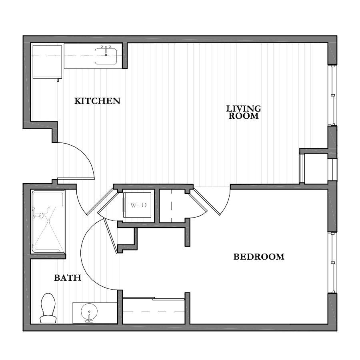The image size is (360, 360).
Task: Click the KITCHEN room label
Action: (x=97, y=101)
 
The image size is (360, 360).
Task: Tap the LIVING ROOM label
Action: (x=244, y=112)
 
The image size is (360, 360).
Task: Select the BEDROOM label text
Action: (x=259, y=257)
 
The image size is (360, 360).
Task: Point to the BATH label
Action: (x=68, y=278)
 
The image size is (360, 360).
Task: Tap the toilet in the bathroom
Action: (x=48, y=308)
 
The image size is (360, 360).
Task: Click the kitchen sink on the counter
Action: (x=106, y=56)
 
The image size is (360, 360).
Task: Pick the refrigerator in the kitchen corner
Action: (x=47, y=62)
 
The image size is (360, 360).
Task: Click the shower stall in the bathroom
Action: (x=48, y=222)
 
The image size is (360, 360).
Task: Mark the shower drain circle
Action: (x=48, y=221)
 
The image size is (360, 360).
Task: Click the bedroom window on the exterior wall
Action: (x=332, y=262)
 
